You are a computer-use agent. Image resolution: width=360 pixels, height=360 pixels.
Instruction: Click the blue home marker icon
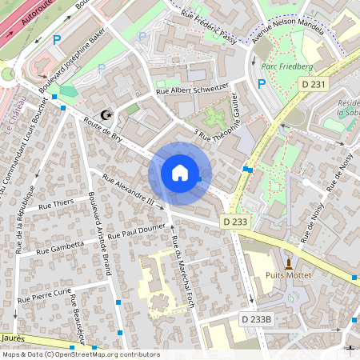(x=179, y=173)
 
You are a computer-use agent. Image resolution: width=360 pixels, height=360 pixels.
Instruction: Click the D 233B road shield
(x=257, y=319)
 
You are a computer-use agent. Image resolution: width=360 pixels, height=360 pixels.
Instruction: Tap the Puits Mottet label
(x=290, y=278)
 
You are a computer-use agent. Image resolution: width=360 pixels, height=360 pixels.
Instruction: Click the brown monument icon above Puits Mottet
(x=290, y=263)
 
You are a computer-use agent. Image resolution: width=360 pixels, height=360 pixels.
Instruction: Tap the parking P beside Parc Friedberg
(x=262, y=83)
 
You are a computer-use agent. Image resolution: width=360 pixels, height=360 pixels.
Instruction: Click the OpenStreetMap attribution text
(x=81, y=354)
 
